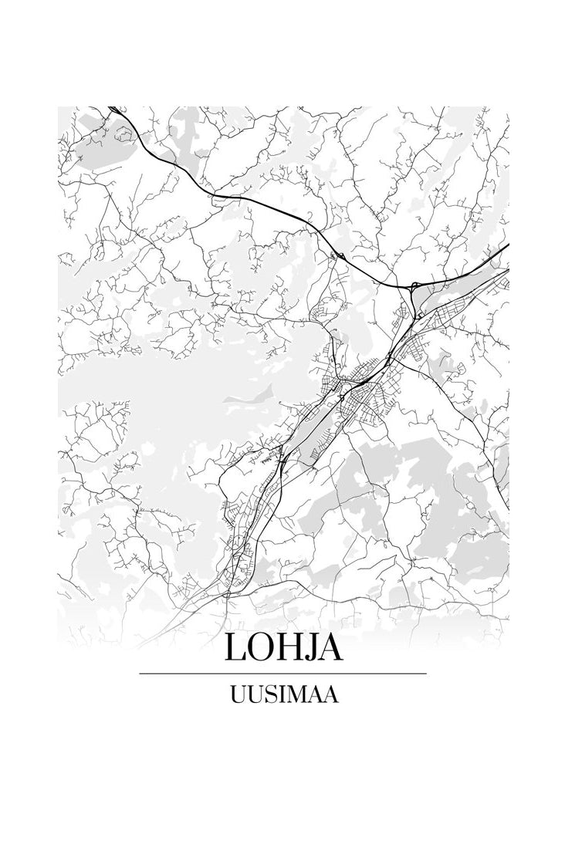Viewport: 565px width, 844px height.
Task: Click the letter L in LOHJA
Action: tap(235, 648)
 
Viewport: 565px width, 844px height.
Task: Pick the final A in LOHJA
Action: tap(330, 648)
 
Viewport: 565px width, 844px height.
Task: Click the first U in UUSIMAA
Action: tap(236, 694)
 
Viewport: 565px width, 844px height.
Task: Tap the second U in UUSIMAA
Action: tap(252, 694)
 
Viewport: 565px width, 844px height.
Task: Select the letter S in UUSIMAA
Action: tap(267, 694)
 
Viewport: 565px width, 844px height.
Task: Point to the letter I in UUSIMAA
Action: tap(278, 694)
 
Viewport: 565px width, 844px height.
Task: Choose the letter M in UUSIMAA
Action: tap(293, 694)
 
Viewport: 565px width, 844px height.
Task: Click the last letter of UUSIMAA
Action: tap(331, 694)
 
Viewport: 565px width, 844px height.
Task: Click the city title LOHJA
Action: tap(283, 648)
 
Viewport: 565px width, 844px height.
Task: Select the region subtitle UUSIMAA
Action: tap(283, 694)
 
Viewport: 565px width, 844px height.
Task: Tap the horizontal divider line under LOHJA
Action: tap(282, 674)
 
